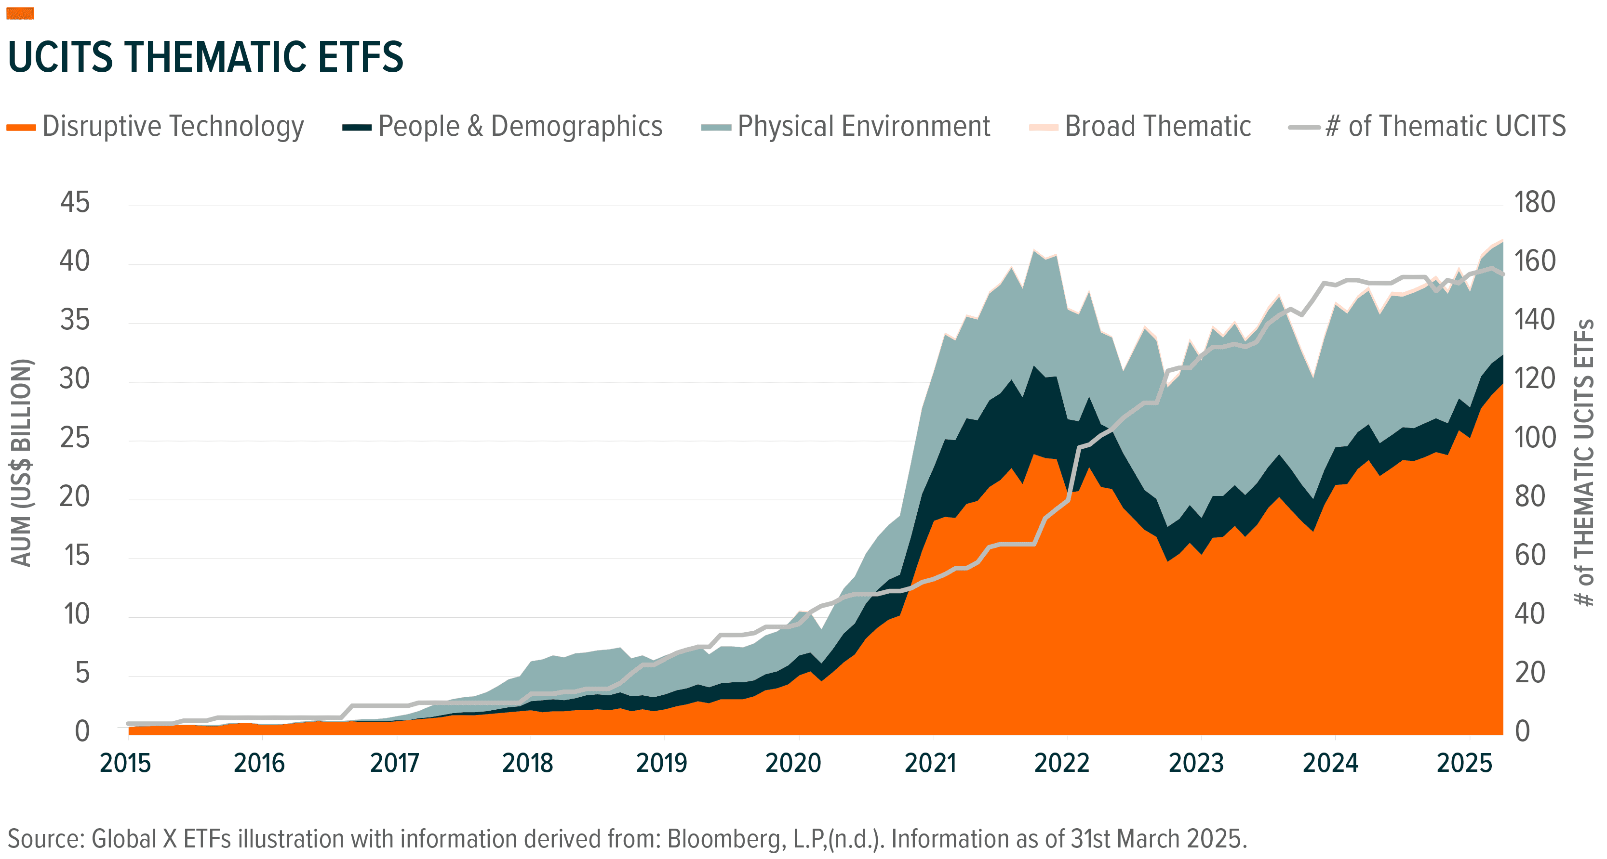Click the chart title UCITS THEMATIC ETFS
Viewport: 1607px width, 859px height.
pos(206,57)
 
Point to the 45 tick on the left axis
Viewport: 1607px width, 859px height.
pos(75,203)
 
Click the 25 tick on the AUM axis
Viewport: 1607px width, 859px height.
pos(75,438)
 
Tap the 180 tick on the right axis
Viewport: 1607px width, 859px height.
pos(1535,203)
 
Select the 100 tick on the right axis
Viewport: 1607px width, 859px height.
pos(1535,438)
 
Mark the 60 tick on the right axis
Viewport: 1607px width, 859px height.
pos(1530,556)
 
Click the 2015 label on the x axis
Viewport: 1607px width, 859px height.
pos(125,763)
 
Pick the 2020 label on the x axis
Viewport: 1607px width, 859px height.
pos(793,763)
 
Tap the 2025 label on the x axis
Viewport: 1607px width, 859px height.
pos(1464,763)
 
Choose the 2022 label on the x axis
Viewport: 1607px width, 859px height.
pos(1062,763)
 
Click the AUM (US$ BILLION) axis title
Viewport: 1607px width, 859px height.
pos(21,463)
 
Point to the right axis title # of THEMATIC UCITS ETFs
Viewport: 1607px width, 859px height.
pos(1584,463)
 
